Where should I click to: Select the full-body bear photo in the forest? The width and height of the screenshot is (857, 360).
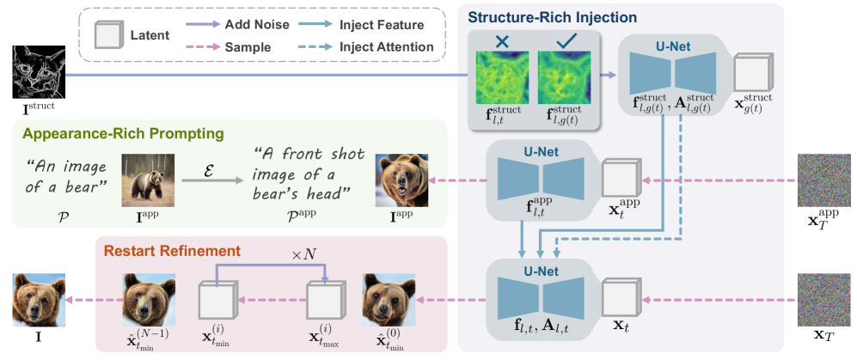pyautogui.click(x=149, y=179)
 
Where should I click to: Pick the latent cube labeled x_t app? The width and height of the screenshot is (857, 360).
pyautogui.click(x=619, y=178)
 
